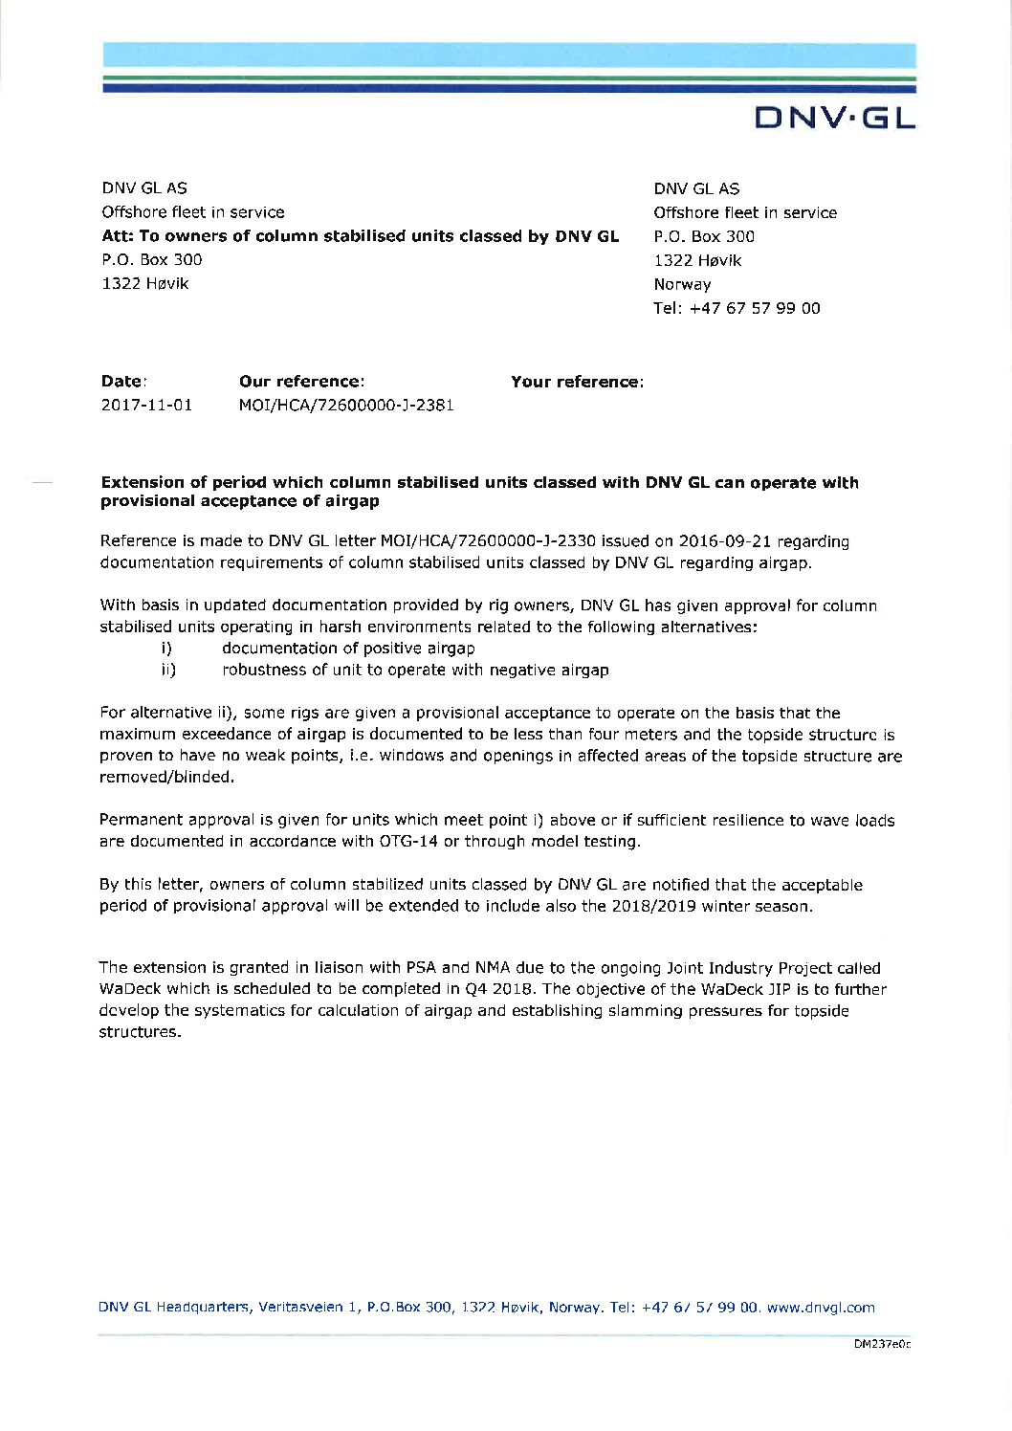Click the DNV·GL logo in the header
[835, 118]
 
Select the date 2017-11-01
[146, 405]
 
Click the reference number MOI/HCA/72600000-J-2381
[346, 405]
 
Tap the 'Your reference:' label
[577, 382]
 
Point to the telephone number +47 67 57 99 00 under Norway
[737, 308]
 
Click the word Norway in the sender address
[682, 284]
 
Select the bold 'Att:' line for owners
[360, 235]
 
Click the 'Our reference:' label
[301, 382]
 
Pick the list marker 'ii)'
[168, 670]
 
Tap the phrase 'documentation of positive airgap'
[348, 648]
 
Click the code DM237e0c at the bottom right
[882, 1344]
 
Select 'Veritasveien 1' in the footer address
[308, 1308]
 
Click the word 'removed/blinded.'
[166, 777]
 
